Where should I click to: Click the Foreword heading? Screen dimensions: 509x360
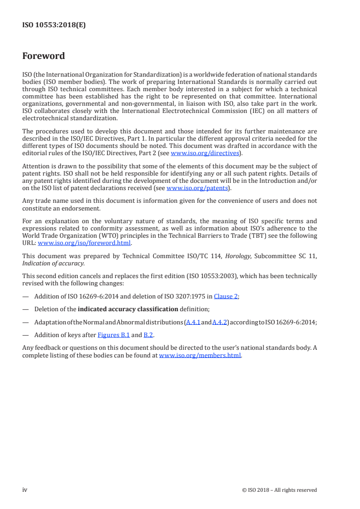pos(44,56)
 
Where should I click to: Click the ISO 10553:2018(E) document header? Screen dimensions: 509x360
pos(54,25)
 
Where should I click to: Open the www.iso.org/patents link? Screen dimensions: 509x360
pos(197,188)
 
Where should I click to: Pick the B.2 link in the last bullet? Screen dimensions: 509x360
pos(148,335)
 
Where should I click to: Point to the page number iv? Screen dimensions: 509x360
pos(25,489)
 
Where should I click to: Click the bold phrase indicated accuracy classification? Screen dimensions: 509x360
pos(128,309)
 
